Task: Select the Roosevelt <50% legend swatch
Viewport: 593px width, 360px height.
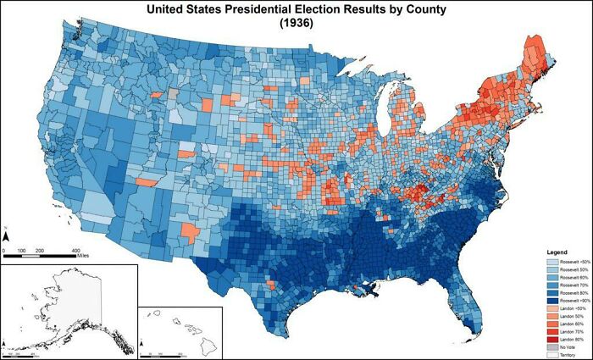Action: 551,263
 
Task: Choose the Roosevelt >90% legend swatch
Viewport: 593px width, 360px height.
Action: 551,302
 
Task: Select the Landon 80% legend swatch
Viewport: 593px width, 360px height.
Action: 551,341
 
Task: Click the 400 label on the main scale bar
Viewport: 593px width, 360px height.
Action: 76,252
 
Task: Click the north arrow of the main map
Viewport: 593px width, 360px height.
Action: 5,234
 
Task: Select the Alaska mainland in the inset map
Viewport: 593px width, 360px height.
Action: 76,296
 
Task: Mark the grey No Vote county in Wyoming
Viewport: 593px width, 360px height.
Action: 174,95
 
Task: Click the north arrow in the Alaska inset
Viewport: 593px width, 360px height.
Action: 5,345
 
